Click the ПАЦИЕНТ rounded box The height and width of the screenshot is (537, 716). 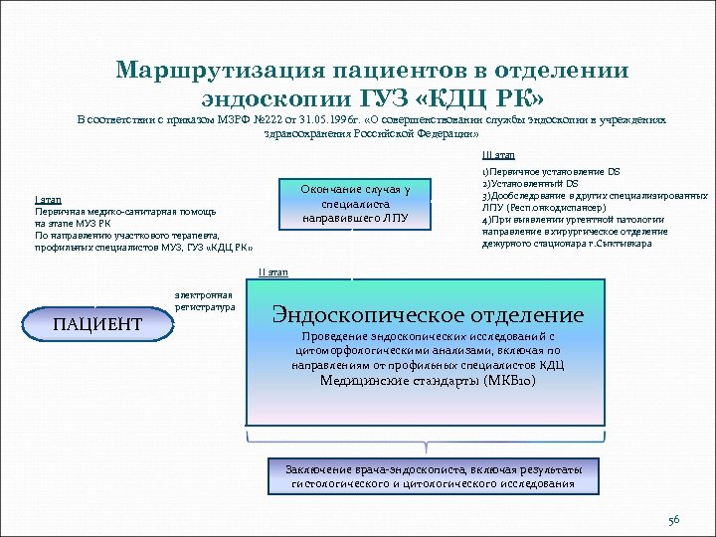(x=96, y=324)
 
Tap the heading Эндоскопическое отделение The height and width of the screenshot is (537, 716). (x=428, y=315)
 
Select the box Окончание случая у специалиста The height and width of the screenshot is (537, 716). (x=355, y=203)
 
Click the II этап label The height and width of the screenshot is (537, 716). (x=273, y=271)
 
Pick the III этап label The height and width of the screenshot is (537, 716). (x=498, y=155)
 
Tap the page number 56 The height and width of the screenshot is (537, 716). (x=673, y=520)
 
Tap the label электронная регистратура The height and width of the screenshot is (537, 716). (x=204, y=301)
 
